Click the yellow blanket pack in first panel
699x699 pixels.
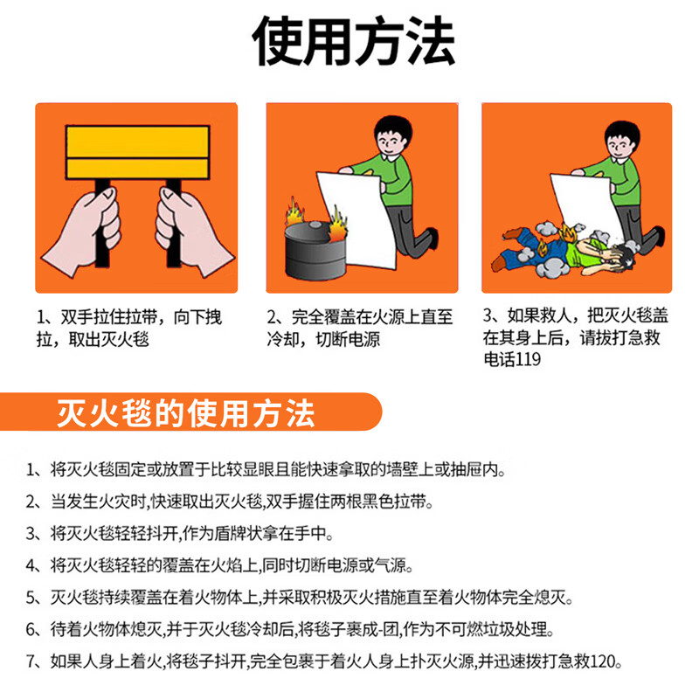pyautogui.click(x=137, y=152)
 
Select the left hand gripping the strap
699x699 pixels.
pyautogui.click(x=85, y=229)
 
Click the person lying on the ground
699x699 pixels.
pyautogui.click(x=559, y=249)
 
